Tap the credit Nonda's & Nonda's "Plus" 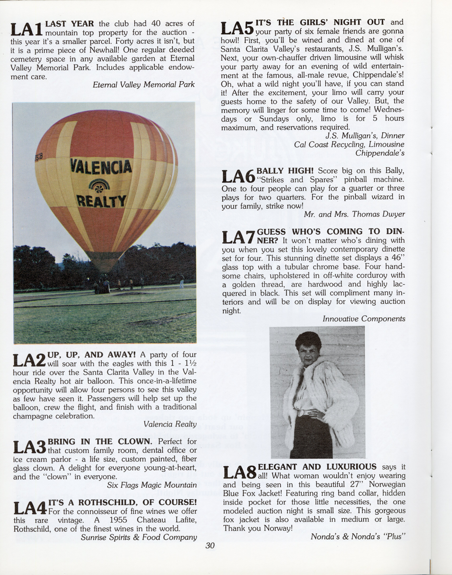pos(358,536)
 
